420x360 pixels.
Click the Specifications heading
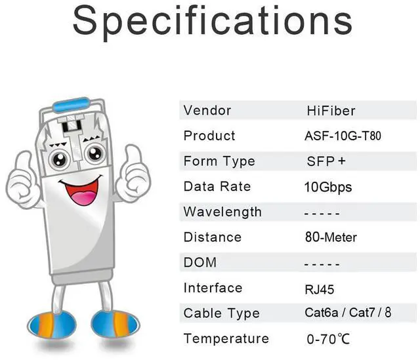[x=211, y=21]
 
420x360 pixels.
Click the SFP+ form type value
[x=326, y=161]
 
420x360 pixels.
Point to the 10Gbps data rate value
[x=328, y=187]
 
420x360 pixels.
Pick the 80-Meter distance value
[x=331, y=237]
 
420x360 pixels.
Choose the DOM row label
[x=199, y=262]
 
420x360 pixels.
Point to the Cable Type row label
[x=221, y=313]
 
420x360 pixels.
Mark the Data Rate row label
[x=217, y=186]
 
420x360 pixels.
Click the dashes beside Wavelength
[x=322, y=212]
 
